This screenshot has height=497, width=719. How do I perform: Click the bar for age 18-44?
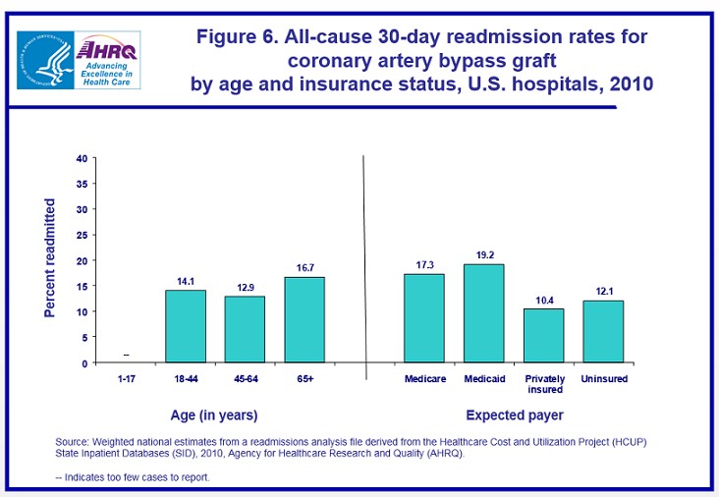pyautogui.click(x=186, y=326)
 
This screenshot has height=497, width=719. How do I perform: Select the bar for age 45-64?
pyautogui.click(x=246, y=329)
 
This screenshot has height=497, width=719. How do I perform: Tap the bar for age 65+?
pyautogui.click(x=304, y=319)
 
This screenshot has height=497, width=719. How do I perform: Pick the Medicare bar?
pyautogui.click(x=423, y=318)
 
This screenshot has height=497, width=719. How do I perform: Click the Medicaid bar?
pyautogui.click(x=483, y=313)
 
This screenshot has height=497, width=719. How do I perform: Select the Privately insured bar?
pyautogui.click(x=543, y=336)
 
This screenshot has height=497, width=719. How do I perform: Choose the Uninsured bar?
pyautogui.click(x=603, y=331)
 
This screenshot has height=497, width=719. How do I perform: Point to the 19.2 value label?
pyautogui.click(x=483, y=255)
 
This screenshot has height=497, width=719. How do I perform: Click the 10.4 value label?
pyautogui.click(x=543, y=300)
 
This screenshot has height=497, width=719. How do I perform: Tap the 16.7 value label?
pyautogui.click(x=304, y=268)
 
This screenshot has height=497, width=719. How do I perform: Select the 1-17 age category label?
pyautogui.click(x=127, y=378)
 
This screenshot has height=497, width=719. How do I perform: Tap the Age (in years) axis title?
pyautogui.click(x=215, y=415)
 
